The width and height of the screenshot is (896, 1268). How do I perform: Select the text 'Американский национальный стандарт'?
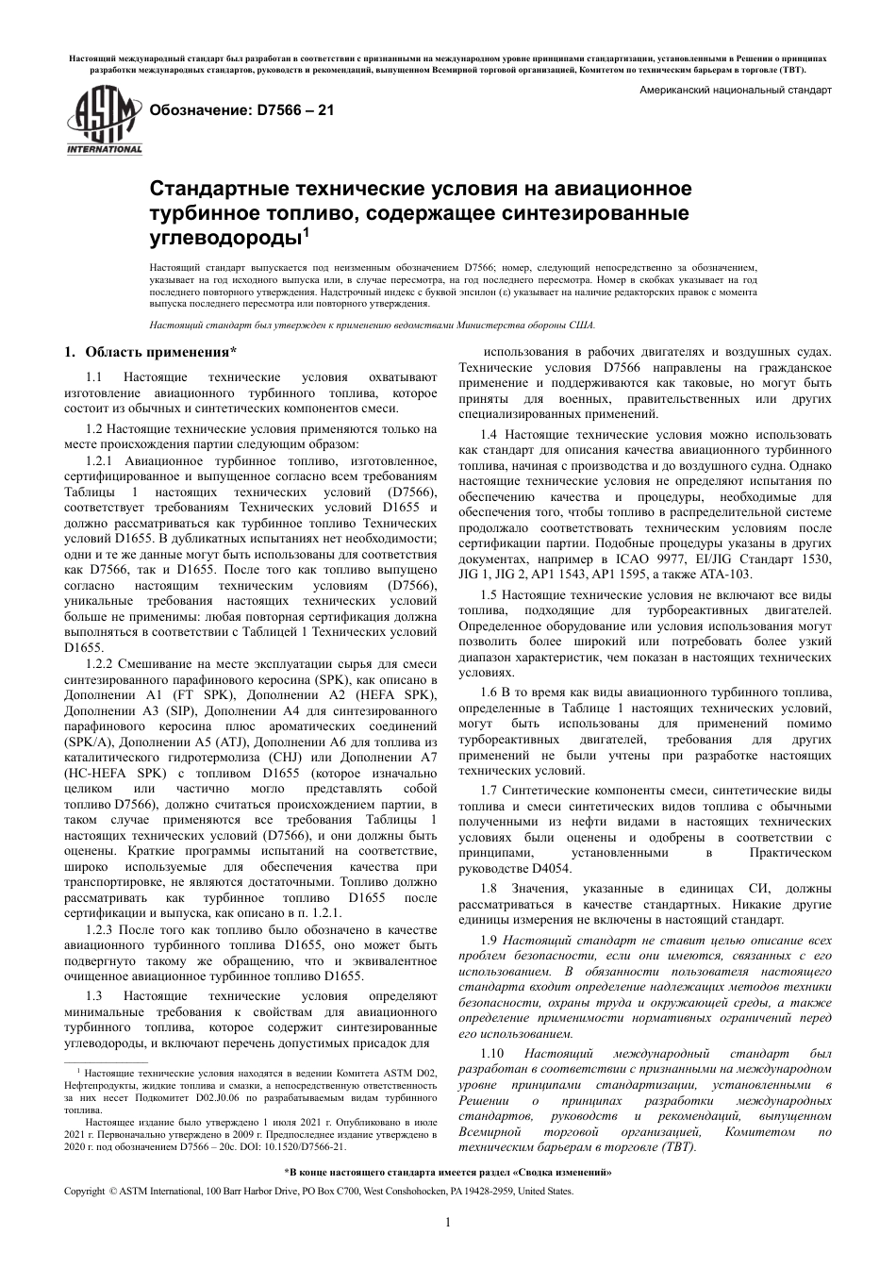736,92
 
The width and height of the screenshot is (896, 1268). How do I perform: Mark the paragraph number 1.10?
492,1052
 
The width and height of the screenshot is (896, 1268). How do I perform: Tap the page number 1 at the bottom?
448,1224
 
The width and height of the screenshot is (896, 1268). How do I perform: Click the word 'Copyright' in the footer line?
84,1192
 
